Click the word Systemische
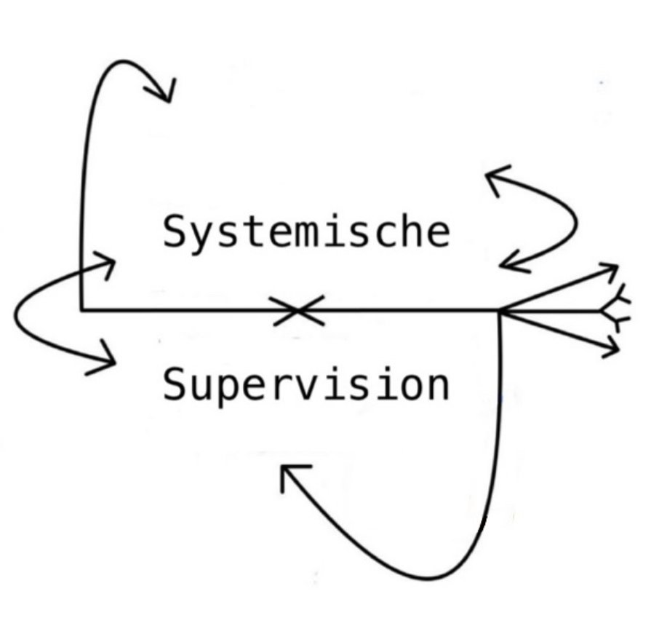pos(306,232)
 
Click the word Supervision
pos(305,384)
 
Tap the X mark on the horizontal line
pos(297,311)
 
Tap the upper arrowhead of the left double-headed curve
pos(106,263)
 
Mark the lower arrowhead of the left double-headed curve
pos(106,359)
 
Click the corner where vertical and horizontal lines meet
pos(81,310)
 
